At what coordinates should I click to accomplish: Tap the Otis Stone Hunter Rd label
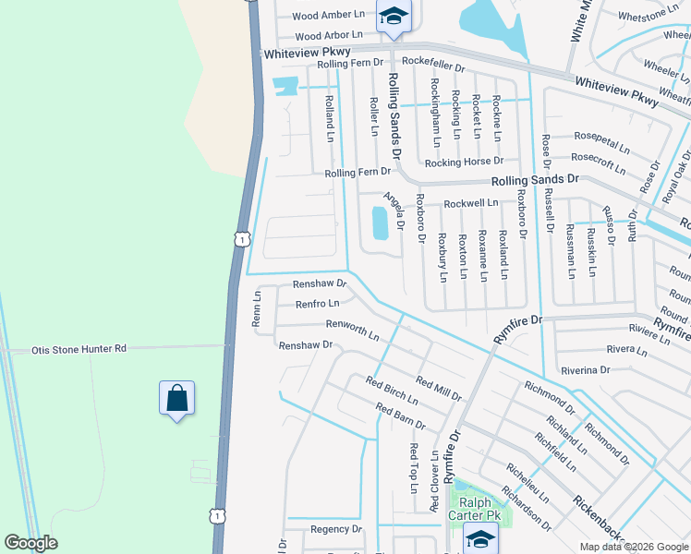click(79, 349)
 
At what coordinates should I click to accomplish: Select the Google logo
click(31, 543)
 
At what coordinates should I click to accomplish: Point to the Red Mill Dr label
click(439, 388)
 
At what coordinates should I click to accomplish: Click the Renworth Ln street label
click(352, 330)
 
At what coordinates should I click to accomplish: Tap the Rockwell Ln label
click(471, 202)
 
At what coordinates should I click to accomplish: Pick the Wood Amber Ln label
click(329, 16)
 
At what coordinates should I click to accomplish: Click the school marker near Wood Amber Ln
click(394, 18)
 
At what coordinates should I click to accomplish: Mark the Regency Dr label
click(336, 529)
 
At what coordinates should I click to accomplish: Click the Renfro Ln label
click(317, 303)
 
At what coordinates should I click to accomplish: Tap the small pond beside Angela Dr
click(379, 223)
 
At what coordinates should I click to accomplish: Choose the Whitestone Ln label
click(648, 17)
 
